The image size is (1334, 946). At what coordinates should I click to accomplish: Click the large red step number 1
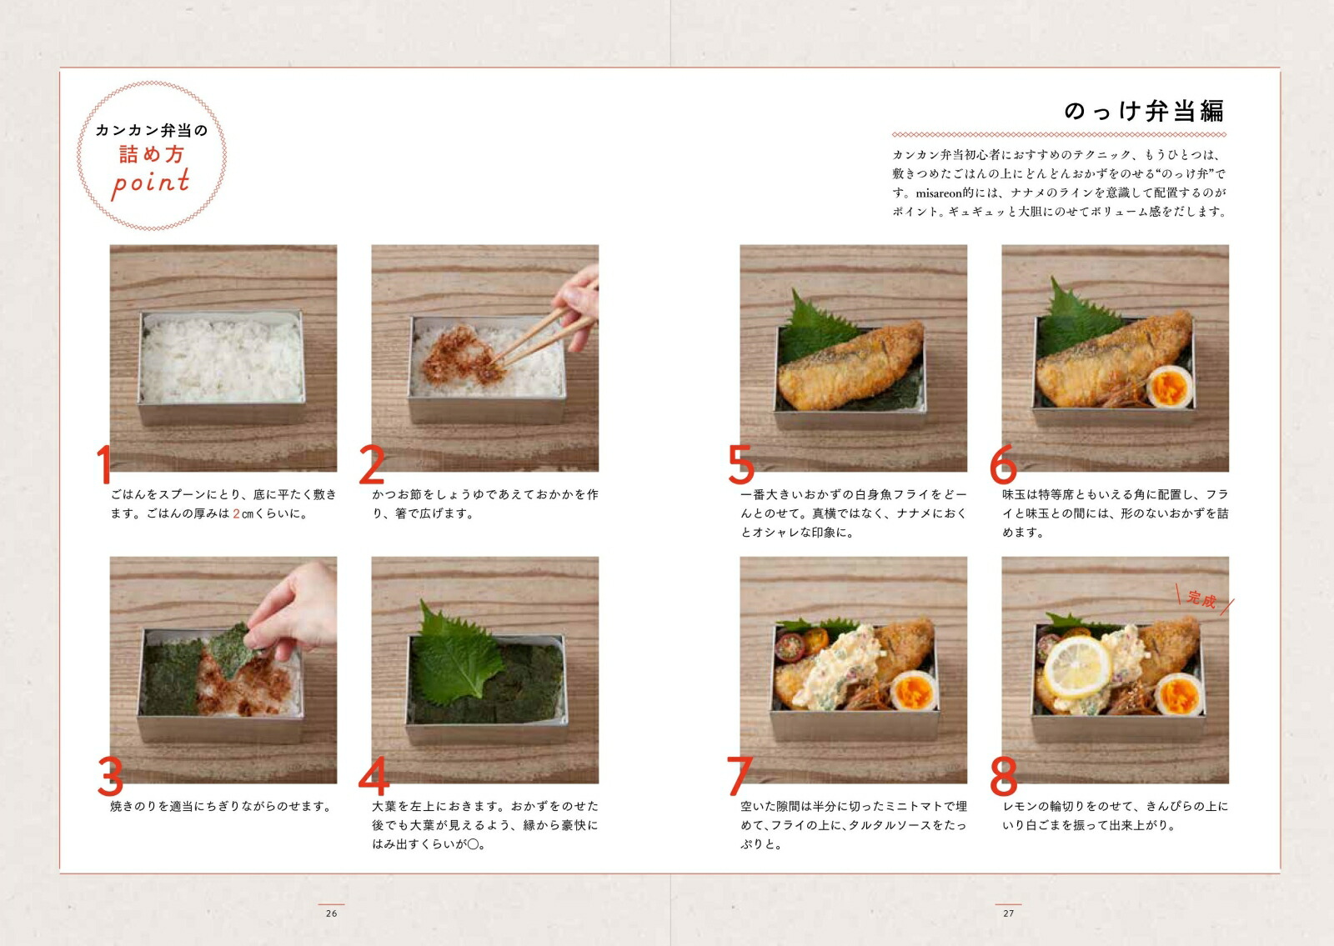(x=103, y=464)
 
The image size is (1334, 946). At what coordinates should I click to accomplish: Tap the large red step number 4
(x=374, y=777)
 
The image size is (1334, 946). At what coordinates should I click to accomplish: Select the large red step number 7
(x=739, y=776)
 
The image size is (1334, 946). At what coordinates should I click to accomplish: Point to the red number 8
(x=1003, y=777)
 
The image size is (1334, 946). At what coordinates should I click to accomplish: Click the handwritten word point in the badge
(x=151, y=183)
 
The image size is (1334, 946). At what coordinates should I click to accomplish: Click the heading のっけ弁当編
(x=1143, y=111)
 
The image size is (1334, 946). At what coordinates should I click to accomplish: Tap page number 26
(x=331, y=913)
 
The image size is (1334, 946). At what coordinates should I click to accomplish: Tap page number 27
(x=1008, y=913)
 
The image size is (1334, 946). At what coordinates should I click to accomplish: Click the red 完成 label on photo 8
(x=1201, y=598)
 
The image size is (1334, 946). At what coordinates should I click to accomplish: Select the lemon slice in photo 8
(x=1078, y=666)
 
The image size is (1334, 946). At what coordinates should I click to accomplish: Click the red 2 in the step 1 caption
(x=236, y=513)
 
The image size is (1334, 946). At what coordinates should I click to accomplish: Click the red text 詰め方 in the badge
(x=151, y=154)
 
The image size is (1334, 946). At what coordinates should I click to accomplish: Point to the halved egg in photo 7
(x=914, y=691)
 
